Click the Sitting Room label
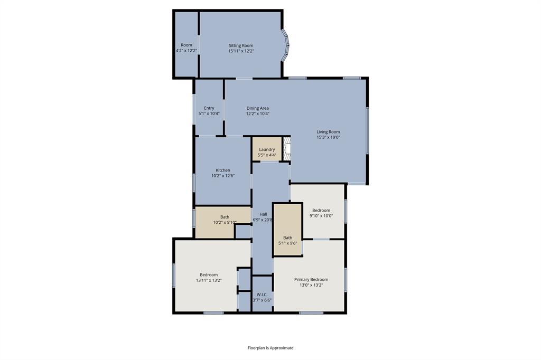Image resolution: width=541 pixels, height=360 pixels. pos(240,45)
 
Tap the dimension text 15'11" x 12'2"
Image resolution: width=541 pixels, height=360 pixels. pos(240,51)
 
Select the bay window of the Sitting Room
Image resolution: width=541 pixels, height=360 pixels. pos(285,45)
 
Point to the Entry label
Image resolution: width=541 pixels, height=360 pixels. pos(209,108)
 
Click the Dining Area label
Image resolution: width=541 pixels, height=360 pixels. pos(257,108)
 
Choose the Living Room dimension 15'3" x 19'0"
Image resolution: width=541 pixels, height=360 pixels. pos(328,137)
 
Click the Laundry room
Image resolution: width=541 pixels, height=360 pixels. pos(267,149)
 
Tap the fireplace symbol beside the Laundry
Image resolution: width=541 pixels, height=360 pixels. pos(286,149)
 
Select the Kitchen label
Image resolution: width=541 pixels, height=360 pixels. pos(222,170)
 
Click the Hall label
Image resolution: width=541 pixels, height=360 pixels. pos(263,214)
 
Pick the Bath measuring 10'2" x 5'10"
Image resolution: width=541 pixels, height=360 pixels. pos(225,220)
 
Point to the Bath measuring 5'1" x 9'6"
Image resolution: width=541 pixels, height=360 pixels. pos(287,240)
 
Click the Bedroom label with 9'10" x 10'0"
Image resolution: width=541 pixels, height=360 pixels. pos(321,210)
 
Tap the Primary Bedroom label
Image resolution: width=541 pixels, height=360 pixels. pos(311,279)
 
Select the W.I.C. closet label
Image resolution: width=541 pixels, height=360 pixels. pos(262,294)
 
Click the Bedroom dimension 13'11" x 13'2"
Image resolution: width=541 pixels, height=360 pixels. pos(209,280)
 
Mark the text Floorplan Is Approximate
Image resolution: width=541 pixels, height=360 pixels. pos(270,348)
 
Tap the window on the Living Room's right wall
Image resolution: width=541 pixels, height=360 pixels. pos(367,130)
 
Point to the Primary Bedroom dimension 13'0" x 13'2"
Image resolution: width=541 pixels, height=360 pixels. pos(311,285)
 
